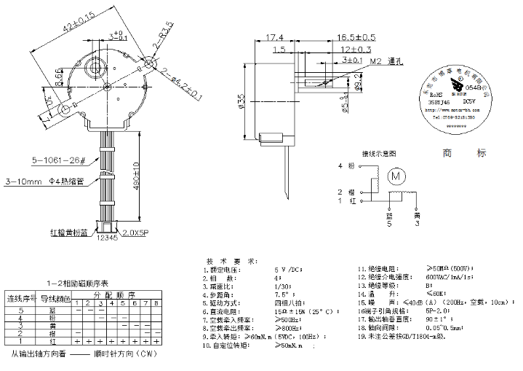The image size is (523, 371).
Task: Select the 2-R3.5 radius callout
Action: coord(161,41)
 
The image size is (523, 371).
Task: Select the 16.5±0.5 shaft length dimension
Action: coord(356,37)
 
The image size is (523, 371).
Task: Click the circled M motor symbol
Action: coord(396,176)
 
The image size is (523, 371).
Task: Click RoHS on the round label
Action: coord(436,95)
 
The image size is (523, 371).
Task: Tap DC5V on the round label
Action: coord(471,103)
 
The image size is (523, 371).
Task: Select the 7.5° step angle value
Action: coord(282,294)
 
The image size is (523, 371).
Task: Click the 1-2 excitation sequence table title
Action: coord(76,283)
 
